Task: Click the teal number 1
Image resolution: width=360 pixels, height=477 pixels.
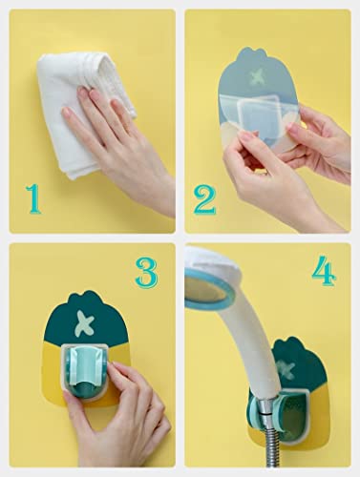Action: pyautogui.click(x=34, y=199)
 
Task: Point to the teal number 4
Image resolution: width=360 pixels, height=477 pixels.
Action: pyautogui.click(x=324, y=271)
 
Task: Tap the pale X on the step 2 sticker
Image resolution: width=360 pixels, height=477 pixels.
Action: pyautogui.click(x=258, y=75)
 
